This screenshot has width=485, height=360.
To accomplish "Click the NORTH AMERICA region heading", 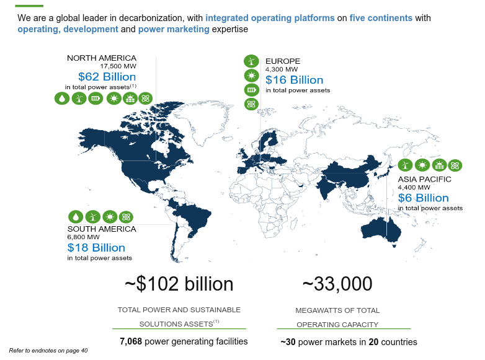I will pyautogui.click(x=101, y=58).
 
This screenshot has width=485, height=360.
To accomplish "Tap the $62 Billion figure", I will pyautogui.click(x=107, y=77).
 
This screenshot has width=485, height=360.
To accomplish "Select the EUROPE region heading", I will pyautogui.click(x=283, y=61).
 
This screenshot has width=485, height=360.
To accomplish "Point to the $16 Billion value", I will pyautogui.click(x=294, y=80).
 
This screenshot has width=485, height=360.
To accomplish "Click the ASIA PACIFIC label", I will pyautogui.click(x=424, y=179).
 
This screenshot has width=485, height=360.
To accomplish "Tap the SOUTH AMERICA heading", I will pyautogui.click(x=101, y=229).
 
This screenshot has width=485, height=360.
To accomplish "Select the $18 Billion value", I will pyautogui.click(x=96, y=247).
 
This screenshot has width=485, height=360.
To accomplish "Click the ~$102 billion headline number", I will pyautogui.click(x=179, y=284).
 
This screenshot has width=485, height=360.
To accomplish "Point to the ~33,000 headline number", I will pyautogui.click(x=337, y=284).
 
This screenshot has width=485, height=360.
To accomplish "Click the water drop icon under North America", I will pyautogui.click(x=62, y=99).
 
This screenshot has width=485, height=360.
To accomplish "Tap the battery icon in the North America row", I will pyautogui.click(x=96, y=99).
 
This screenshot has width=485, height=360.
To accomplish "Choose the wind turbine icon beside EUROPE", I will pyautogui.click(x=251, y=61).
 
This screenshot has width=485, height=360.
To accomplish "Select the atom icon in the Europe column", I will pyautogui.click(x=251, y=103).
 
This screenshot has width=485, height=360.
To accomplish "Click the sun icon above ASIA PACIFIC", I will pyautogui.click(x=422, y=165).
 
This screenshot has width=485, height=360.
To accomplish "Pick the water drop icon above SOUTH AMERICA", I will pyautogui.click(x=76, y=216).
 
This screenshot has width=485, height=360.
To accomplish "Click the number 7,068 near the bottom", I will pyautogui.click(x=130, y=341).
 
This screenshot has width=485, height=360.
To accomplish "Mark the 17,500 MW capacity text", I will pyautogui.click(x=118, y=66).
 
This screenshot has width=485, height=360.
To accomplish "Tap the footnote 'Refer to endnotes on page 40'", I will pyautogui.click(x=48, y=351).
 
